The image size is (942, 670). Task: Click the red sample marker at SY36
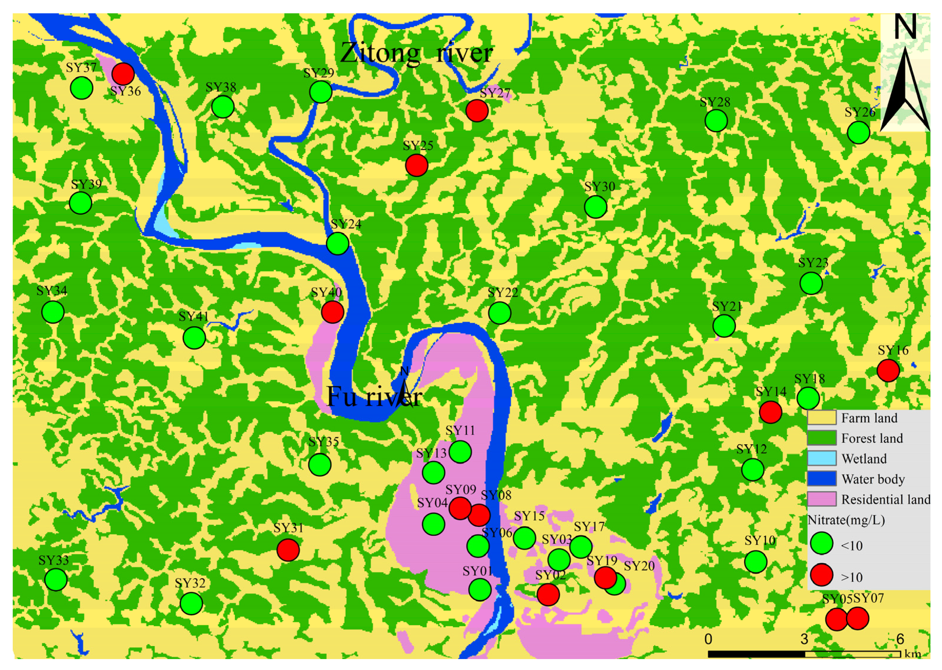(123, 74)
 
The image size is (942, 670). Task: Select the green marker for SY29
(321, 92)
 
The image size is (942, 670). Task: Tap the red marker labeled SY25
(417, 165)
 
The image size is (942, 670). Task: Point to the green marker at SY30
(595, 207)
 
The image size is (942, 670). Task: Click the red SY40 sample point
(332, 311)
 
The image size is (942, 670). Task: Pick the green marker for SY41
(194, 338)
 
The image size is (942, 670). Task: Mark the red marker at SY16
(888, 370)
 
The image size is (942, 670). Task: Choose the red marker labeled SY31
(288, 550)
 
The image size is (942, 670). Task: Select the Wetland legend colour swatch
(822, 458)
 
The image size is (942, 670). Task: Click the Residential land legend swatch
(822, 499)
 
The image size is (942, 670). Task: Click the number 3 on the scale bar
(804, 639)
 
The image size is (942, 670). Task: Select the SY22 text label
(502, 293)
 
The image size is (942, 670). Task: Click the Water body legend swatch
(822, 479)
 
